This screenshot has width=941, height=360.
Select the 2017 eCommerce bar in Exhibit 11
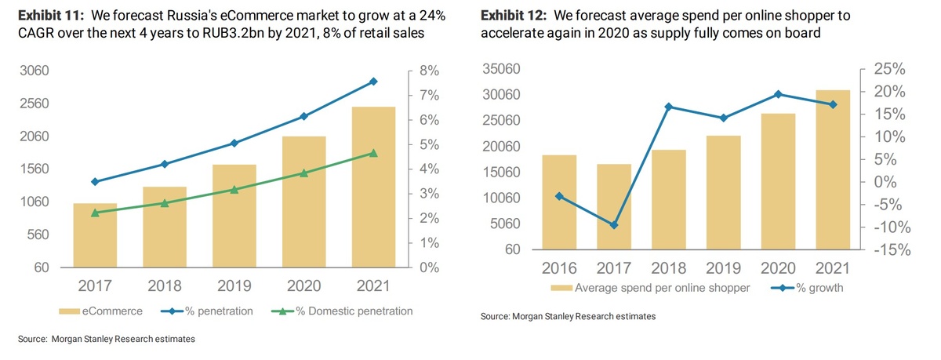(x=95, y=235)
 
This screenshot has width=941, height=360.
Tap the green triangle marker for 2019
(x=234, y=190)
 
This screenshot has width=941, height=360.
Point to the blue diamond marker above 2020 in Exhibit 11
(x=303, y=117)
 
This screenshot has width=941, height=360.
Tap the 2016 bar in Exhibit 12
(x=559, y=202)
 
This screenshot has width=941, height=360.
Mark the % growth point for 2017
(x=614, y=225)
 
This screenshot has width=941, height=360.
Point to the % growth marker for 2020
(x=778, y=94)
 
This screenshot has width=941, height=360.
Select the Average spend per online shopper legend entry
(x=652, y=288)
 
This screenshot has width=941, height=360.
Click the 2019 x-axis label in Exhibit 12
(x=723, y=268)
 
